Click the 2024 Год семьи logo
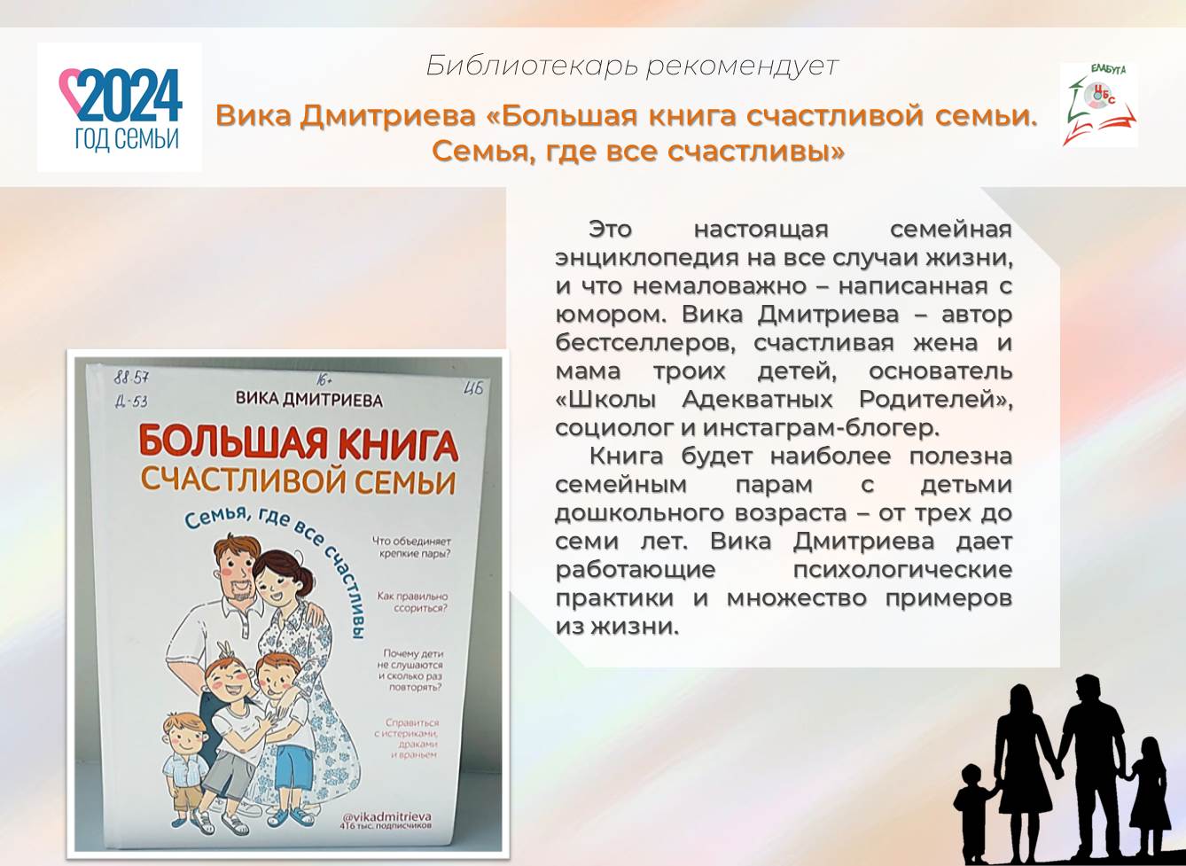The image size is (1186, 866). pyautogui.click(x=119, y=107)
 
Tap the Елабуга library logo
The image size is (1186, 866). pyautogui.click(x=1098, y=105)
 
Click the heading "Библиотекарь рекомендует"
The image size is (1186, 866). pyautogui.click(x=631, y=66)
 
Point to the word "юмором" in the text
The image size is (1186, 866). pyautogui.click(x=606, y=315)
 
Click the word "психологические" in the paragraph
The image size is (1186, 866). pyautogui.click(x=901, y=569)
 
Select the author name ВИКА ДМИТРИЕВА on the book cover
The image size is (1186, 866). pyautogui.click(x=308, y=400)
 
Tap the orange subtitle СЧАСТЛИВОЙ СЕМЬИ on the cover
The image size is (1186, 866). pyautogui.click(x=298, y=481)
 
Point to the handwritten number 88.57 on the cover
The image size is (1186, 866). pyautogui.click(x=132, y=377)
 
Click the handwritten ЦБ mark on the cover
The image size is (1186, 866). pyautogui.click(x=473, y=387)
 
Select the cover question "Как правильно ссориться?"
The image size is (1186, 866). pyautogui.click(x=411, y=603)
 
